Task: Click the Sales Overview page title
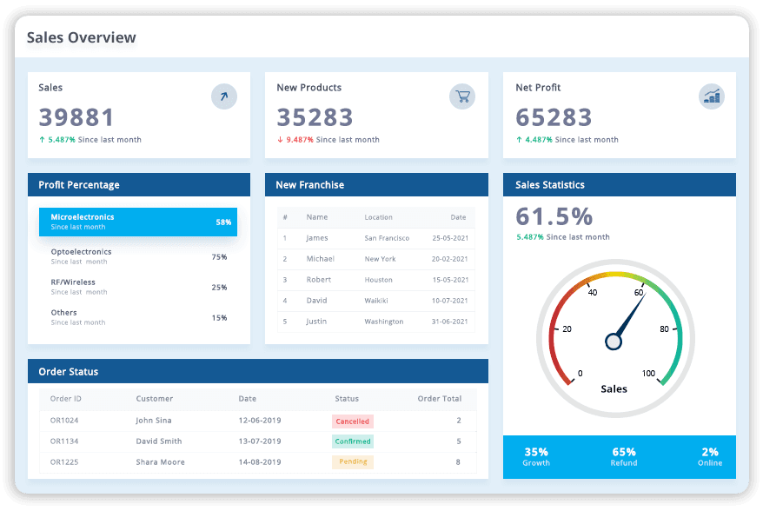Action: coord(81,37)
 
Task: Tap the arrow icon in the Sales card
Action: coord(224,96)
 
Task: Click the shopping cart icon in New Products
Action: coord(462,96)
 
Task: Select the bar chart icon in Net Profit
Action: coord(712,96)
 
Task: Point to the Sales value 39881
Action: coord(76,117)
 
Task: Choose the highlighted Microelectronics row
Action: coord(137,222)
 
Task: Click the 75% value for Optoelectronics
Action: coord(219,257)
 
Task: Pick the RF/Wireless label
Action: coord(73,282)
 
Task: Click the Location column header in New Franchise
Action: coord(378,217)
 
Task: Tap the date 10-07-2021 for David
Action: coord(450,301)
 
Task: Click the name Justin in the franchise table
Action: coord(316,322)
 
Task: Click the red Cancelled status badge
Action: coord(352,421)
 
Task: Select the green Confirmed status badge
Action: coord(352,441)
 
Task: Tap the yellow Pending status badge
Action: coord(352,461)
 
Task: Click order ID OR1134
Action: coord(64,441)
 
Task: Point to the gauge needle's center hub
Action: coord(614,342)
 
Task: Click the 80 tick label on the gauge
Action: coord(664,329)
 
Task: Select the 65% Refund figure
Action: coord(624,452)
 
